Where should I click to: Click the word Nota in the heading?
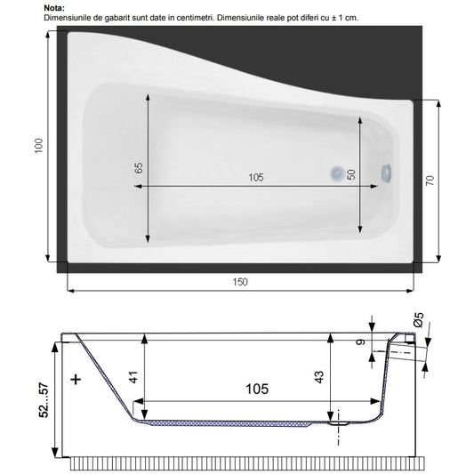[x=54, y=8]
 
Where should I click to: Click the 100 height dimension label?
[x=39, y=146]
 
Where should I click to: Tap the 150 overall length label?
[x=240, y=282]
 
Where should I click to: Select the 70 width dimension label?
[x=430, y=181]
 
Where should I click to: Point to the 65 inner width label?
[x=139, y=168]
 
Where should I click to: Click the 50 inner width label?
[x=351, y=174]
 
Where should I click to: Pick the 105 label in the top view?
[x=256, y=177]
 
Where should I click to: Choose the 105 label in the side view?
[x=257, y=389]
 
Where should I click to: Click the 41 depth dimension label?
[x=133, y=377]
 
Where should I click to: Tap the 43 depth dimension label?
[x=319, y=377]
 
